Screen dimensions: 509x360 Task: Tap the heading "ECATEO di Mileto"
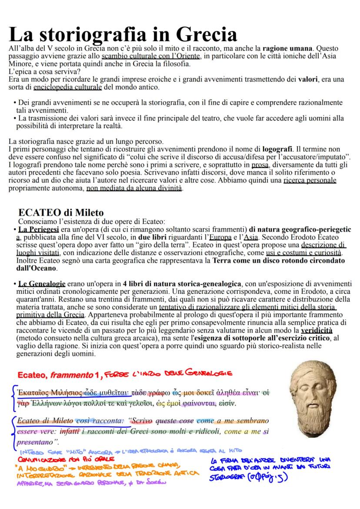click(61, 213)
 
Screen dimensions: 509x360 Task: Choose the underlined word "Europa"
click(220, 237)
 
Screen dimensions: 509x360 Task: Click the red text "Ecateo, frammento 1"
click(55, 375)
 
